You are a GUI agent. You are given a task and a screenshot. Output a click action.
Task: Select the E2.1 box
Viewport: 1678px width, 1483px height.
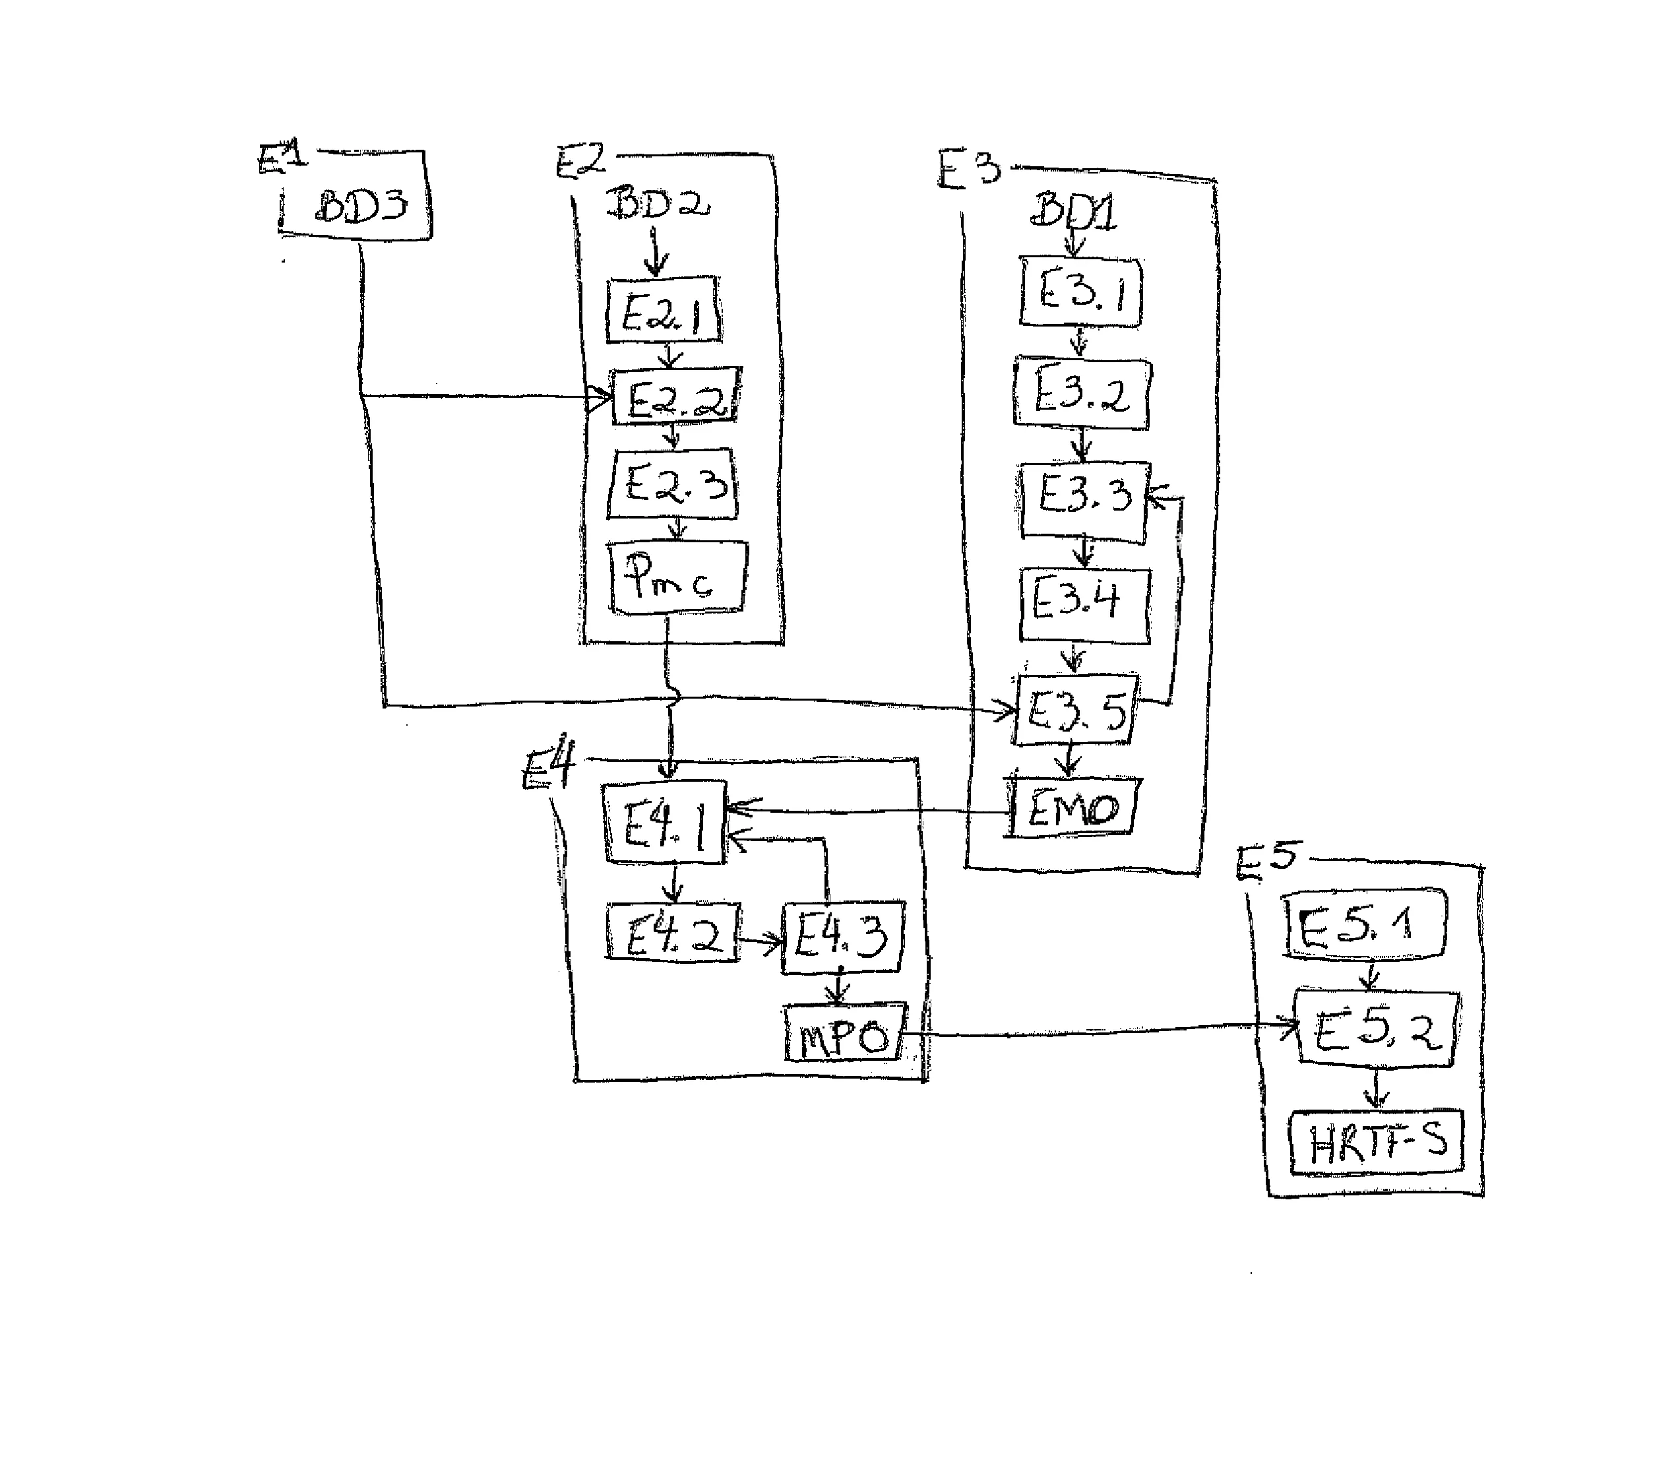coord(664,311)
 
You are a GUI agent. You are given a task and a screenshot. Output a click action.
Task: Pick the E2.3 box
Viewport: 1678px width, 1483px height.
coord(673,484)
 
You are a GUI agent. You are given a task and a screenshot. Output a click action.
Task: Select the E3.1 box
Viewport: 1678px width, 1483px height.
coord(1081,292)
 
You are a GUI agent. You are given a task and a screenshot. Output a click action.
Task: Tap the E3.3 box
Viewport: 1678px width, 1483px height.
coord(1083,501)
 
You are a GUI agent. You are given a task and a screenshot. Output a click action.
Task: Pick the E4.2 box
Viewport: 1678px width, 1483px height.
coord(672,931)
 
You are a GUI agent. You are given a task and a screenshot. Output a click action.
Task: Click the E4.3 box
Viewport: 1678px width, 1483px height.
coord(842,937)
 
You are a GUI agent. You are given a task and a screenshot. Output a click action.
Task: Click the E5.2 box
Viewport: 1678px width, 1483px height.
coord(1376,1030)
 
